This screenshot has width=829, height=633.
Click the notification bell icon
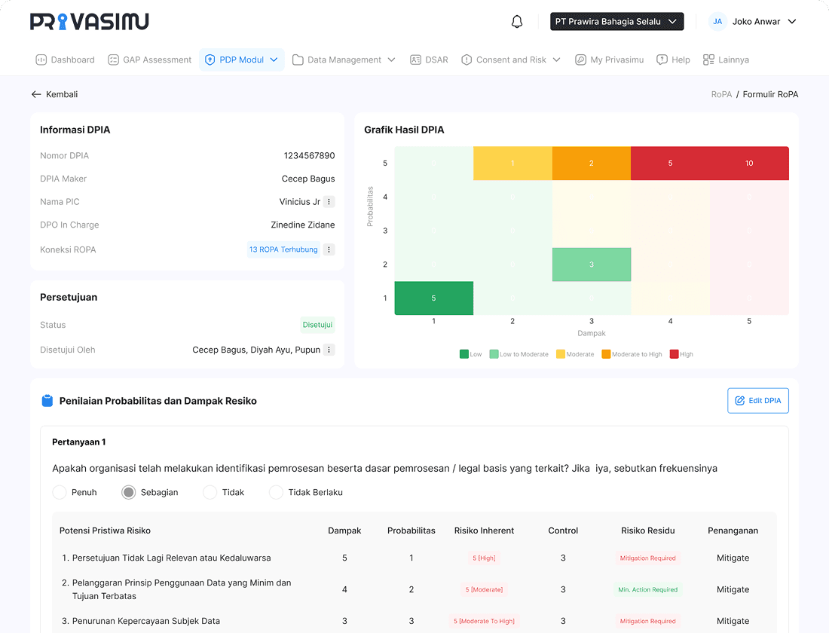tap(517, 22)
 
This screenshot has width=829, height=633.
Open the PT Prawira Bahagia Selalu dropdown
tap(616, 22)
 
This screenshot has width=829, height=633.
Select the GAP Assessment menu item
tap(150, 60)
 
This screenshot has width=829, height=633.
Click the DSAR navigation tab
tap(429, 60)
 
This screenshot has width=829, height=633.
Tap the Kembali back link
tap(54, 94)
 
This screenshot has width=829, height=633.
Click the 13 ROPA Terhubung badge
tap(283, 249)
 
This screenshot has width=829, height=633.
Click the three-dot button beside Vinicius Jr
tap(329, 202)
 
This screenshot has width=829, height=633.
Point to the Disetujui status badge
tap(317, 325)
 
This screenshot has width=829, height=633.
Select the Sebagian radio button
tap(129, 492)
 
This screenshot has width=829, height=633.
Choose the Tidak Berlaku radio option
tap(276, 492)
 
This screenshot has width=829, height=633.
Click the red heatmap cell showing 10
tap(749, 164)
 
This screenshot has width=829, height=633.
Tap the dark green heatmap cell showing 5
tap(433, 298)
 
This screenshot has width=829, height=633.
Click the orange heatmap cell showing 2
tap(591, 164)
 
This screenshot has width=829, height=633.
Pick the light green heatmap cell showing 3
tap(591, 265)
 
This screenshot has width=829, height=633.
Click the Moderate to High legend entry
tap(632, 354)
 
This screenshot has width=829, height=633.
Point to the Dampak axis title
tap(592, 333)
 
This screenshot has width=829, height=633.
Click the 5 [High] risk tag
tap(484, 558)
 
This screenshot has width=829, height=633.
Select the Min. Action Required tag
tap(647, 590)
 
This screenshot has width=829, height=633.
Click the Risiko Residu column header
tap(647, 531)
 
